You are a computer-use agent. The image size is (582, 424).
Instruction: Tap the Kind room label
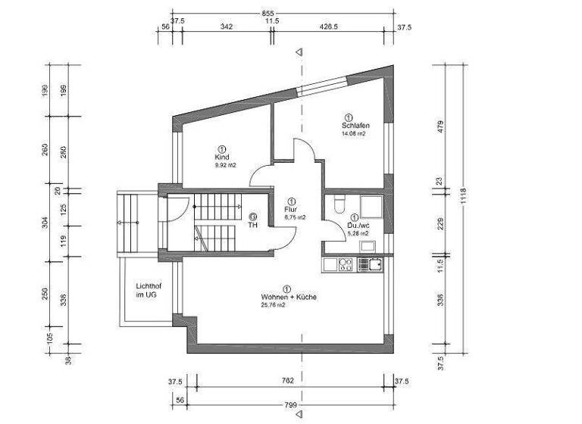tap(221, 157)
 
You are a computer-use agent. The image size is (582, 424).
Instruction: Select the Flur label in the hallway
tap(291, 209)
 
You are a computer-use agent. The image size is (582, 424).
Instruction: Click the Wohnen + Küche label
tap(288, 298)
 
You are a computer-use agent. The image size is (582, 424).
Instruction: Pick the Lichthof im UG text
tap(149, 290)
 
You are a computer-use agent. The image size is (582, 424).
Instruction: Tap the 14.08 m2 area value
tap(353, 134)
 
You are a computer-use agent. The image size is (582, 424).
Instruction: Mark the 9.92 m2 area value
tap(226, 165)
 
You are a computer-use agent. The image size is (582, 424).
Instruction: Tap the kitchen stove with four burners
tap(345, 263)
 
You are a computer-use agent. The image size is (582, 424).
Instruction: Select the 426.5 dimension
tap(329, 26)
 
